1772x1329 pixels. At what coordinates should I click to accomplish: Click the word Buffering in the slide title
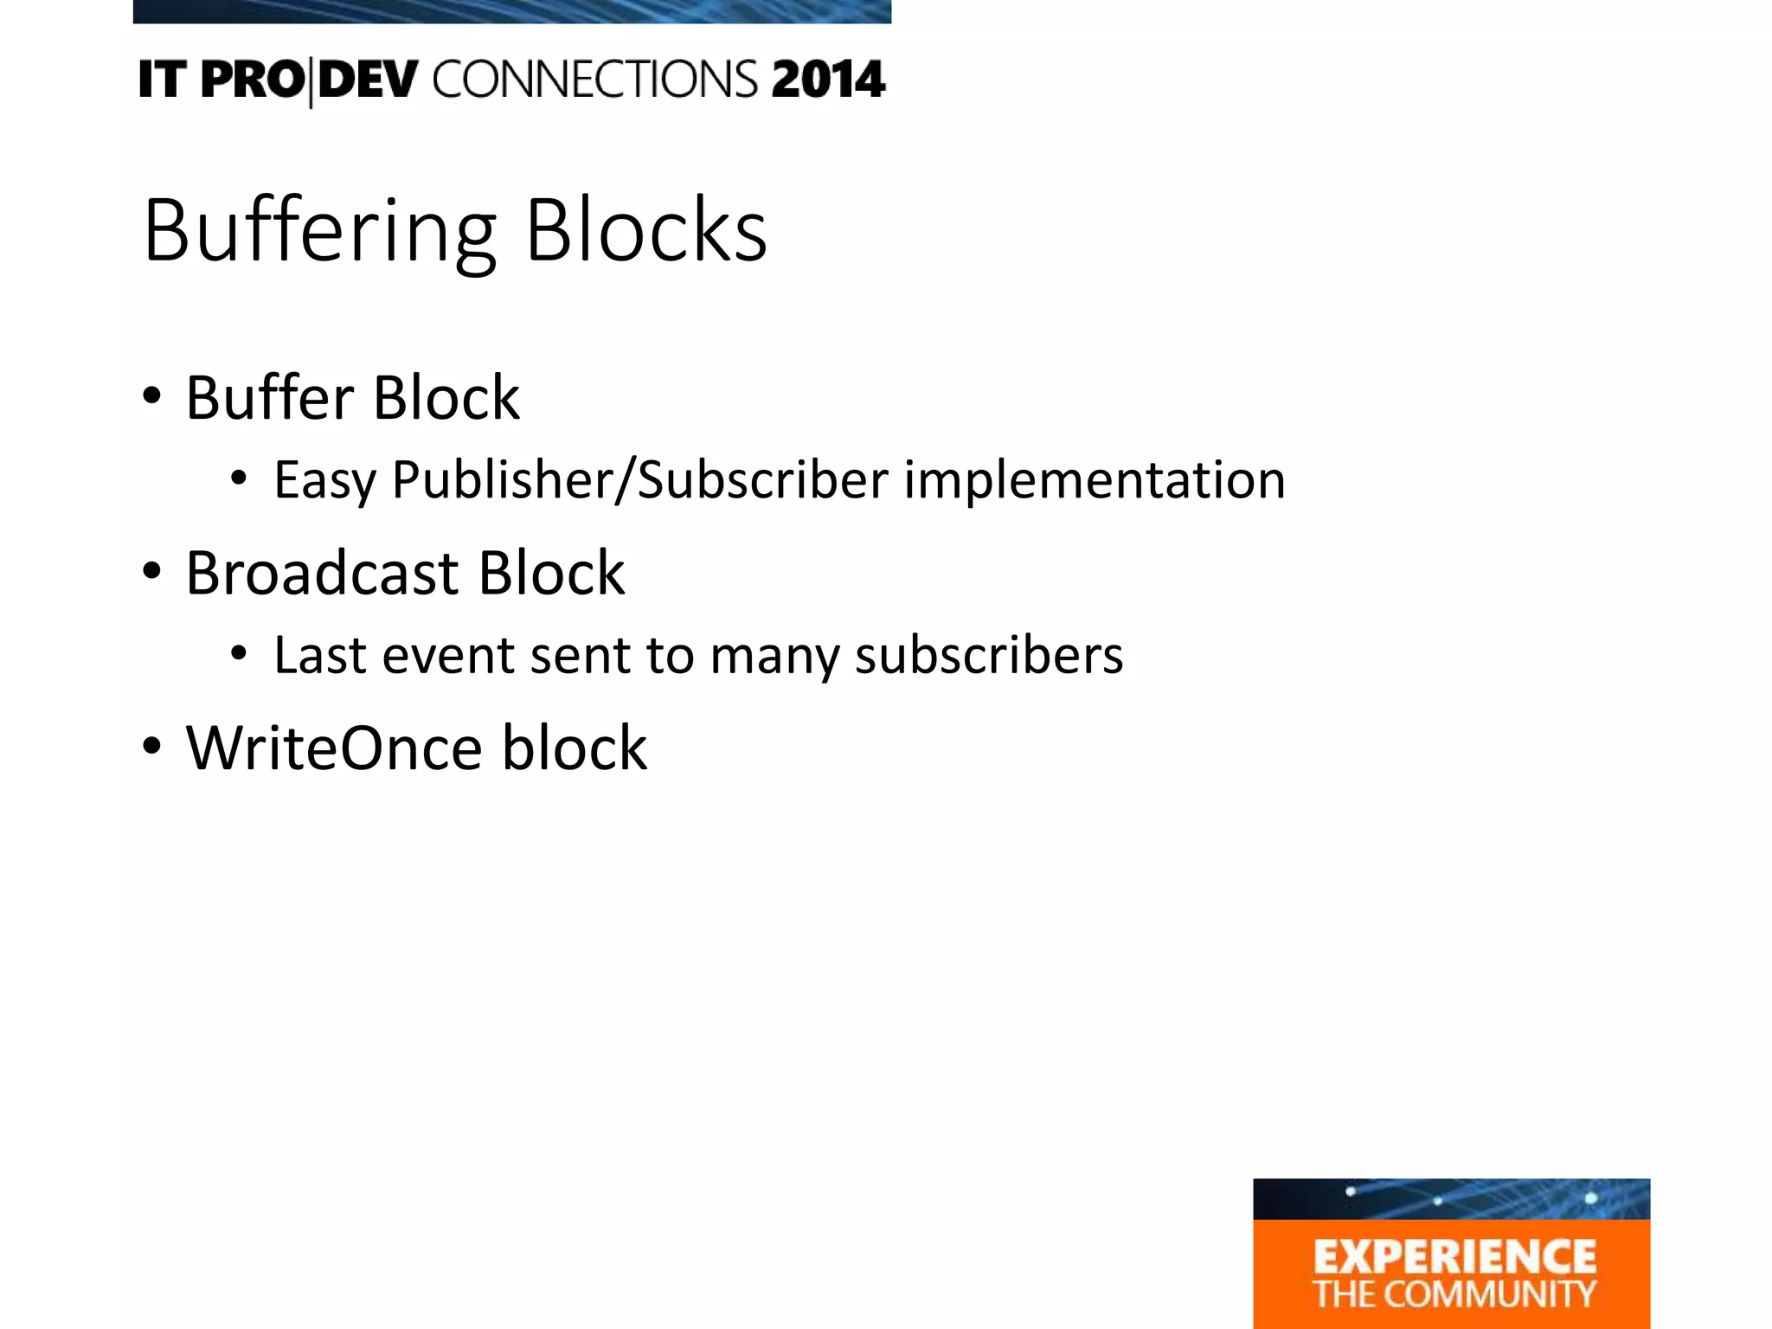[x=318, y=230]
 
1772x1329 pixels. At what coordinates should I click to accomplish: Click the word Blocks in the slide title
[x=646, y=230]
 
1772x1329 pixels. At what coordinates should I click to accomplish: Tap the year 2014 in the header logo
[x=828, y=80]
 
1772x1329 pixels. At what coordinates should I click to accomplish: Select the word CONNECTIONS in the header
[x=595, y=80]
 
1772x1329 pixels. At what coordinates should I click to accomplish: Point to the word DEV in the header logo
[x=369, y=80]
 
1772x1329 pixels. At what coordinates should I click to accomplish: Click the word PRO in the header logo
[x=252, y=80]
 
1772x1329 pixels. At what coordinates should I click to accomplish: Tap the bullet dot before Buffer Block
[x=152, y=397]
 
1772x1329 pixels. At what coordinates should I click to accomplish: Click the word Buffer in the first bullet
[x=269, y=398]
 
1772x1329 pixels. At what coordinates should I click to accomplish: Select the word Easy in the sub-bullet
[x=324, y=480]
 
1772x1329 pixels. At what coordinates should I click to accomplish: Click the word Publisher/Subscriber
[x=640, y=480]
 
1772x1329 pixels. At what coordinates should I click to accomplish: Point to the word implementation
[x=1095, y=480]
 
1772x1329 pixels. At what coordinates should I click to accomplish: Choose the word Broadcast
[x=321, y=573]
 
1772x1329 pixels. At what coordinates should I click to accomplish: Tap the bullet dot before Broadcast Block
[x=152, y=572]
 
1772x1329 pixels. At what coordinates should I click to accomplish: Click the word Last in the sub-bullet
[x=319, y=655]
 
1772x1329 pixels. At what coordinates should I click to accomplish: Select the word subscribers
[x=989, y=655]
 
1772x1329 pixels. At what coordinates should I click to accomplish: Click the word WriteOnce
[x=334, y=748]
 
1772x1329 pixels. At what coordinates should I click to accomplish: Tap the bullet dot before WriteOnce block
[x=152, y=747]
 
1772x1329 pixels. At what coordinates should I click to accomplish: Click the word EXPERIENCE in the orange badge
[x=1454, y=1256]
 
